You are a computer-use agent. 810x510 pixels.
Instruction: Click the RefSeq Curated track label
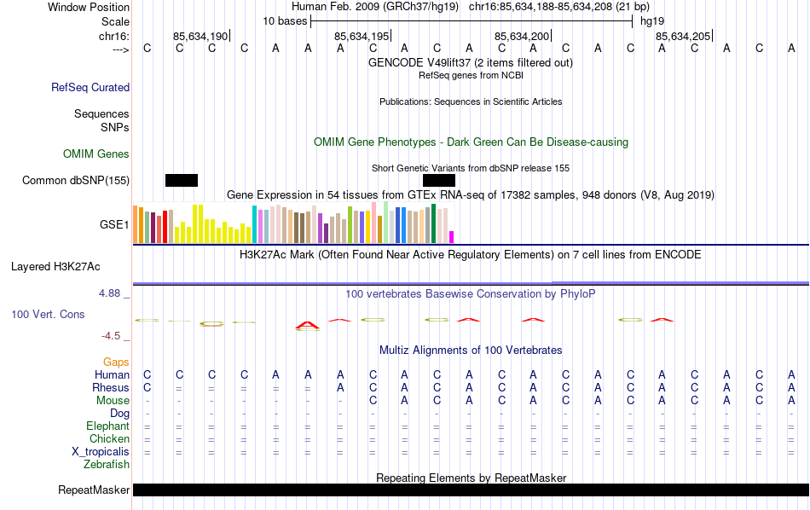tap(90, 87)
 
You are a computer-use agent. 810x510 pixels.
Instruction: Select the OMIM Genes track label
tap(96, 154)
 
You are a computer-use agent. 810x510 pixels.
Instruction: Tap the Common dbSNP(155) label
tap(76, 180)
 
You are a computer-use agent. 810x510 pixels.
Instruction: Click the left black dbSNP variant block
tap(182, 180)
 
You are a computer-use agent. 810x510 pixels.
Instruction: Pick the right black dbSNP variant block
tap(439, 180)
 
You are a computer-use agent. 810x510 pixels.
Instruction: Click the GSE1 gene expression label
tap(114, 225)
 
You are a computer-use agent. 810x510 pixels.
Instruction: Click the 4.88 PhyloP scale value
tap(111, 293)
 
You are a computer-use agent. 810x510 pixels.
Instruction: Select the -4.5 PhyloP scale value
tap(114, 336)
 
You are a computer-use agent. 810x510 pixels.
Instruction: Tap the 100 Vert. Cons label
tap(48, 315)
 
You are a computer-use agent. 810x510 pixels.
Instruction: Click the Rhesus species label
tap(111, 388)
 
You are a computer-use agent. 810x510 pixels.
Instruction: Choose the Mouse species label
tap(113, 401)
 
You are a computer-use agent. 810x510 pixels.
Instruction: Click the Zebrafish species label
tap(107, 465)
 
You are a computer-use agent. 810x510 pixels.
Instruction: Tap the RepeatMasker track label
tap(94, 490)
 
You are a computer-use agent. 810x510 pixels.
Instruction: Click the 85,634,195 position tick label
tap(362, 36)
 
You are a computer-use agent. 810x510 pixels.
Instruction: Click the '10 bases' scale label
tap(285, 20)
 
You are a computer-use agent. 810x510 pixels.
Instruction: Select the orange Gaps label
tap(116, 362)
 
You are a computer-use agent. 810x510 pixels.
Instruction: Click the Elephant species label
tap(107, 426)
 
